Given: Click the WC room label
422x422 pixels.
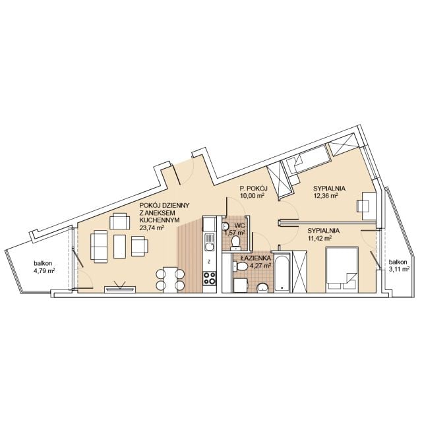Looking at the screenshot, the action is coord(239,226).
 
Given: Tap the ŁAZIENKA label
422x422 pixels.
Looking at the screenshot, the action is coord(256,258).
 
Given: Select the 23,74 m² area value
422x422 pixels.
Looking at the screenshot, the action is coord(152,227).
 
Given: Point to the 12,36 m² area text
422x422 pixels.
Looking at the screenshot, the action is coord(326,196).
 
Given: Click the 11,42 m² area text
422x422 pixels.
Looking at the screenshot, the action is coord(319,238).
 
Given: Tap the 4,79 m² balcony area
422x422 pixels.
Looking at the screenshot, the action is coord(44,271).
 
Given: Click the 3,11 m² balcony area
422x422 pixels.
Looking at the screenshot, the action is coord(399,268).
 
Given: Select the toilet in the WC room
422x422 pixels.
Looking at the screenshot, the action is coord(236,242).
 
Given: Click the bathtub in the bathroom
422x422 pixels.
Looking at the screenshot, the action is coord(282,273).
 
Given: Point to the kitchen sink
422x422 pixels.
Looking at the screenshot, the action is coord(210,242).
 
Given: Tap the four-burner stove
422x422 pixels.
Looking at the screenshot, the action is coord(210,278).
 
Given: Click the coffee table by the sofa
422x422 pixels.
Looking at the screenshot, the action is coord(120,247).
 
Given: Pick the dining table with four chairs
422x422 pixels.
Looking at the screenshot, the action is coord(171,280).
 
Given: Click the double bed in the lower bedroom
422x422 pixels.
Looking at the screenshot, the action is coord(342,270).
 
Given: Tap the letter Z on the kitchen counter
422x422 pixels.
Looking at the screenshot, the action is coord(209,261).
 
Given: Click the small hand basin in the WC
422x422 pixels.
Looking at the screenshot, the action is coord(226,227).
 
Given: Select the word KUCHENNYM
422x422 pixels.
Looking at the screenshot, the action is coord(160,220).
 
